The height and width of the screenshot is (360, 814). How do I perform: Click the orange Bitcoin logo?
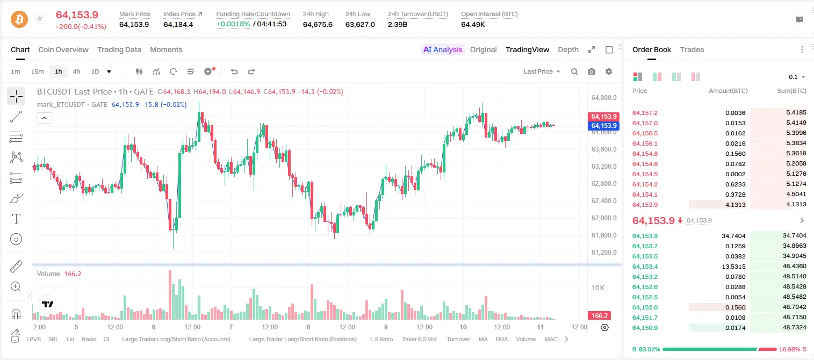(19, 19)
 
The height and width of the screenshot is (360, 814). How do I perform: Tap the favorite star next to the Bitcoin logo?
(40, 18)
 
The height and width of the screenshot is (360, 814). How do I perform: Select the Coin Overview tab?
(63, 49)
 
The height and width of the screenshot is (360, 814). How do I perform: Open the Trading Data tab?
(119, 49)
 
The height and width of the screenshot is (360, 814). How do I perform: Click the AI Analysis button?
(443, 49)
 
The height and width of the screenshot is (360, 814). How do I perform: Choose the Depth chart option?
(568, 49)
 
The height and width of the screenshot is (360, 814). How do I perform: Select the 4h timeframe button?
(76, 71)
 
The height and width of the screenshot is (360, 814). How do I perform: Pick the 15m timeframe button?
(37, 71)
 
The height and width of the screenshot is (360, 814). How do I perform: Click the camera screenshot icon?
(592, 71)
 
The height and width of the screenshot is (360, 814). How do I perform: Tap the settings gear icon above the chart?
(609, 71)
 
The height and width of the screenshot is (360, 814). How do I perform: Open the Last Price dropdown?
(542, 71)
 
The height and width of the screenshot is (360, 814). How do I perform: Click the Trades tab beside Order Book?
(692, 49)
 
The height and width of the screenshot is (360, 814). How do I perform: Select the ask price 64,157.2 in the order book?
(645, 113)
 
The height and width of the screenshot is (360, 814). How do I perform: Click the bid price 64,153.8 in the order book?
(645, 236)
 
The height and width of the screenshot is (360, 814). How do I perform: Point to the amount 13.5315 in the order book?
(733, 267)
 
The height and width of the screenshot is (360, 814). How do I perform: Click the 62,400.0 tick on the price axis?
(604, 200)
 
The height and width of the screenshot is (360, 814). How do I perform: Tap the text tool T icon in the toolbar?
(16, 219)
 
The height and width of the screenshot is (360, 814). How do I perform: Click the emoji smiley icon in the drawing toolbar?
(16, 239)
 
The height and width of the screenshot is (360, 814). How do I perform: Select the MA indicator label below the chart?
(483, 339)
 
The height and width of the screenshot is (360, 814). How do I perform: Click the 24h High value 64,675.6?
(318, 24)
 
